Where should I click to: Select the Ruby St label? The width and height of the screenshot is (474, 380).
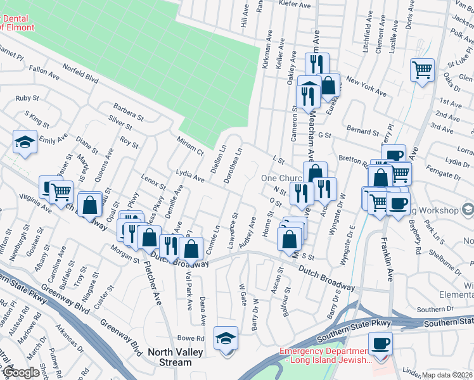pos(27,98)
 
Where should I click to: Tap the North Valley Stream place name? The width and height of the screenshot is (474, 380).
pos(170,358)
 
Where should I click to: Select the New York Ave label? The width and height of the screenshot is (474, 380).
pos(366,88)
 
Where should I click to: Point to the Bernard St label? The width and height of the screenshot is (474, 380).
pos(362,131)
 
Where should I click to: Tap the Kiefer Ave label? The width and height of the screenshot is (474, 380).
pos(296,4)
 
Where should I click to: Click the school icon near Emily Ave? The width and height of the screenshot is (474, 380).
pos(25,142)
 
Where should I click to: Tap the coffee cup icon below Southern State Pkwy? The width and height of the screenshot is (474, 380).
pos(380,344)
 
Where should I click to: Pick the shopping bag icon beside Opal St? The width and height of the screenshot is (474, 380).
pos(90,205)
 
